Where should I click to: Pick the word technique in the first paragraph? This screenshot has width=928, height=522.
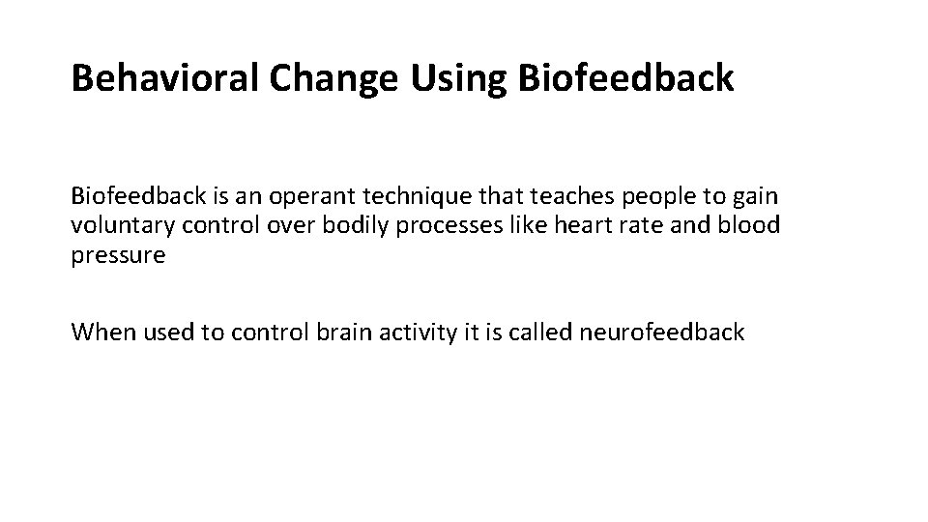point(411,197)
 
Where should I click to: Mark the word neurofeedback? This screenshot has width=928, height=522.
point(663,333)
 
